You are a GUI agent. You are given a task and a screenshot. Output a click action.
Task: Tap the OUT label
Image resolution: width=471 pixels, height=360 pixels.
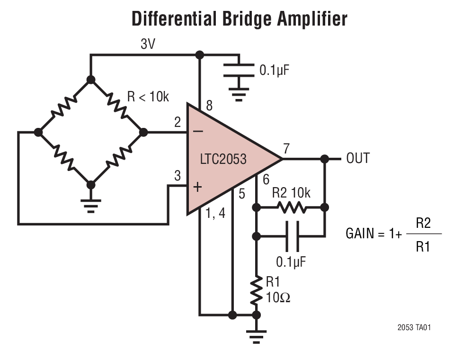point(358,158)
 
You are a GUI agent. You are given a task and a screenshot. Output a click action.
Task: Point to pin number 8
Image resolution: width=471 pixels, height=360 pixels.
point(209,105)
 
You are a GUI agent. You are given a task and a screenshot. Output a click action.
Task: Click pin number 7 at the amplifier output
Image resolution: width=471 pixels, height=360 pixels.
point(286,148)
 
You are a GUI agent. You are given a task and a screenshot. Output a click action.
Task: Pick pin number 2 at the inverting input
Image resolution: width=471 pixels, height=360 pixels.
point(178,123)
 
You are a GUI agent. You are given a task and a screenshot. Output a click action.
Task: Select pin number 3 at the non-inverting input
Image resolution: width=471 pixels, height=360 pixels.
point(178,176)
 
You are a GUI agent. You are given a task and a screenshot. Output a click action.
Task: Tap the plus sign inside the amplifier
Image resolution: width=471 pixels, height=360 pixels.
point(197,187)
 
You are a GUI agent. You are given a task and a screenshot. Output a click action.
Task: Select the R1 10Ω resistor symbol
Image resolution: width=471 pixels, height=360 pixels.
point(256,291)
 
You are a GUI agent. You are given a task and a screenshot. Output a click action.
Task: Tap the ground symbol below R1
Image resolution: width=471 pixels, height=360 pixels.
point(256,338)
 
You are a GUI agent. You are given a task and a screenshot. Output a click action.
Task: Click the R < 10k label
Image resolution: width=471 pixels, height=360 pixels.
point(148,97)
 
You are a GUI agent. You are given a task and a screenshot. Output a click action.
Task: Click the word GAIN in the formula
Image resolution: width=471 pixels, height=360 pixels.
point(360,234)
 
